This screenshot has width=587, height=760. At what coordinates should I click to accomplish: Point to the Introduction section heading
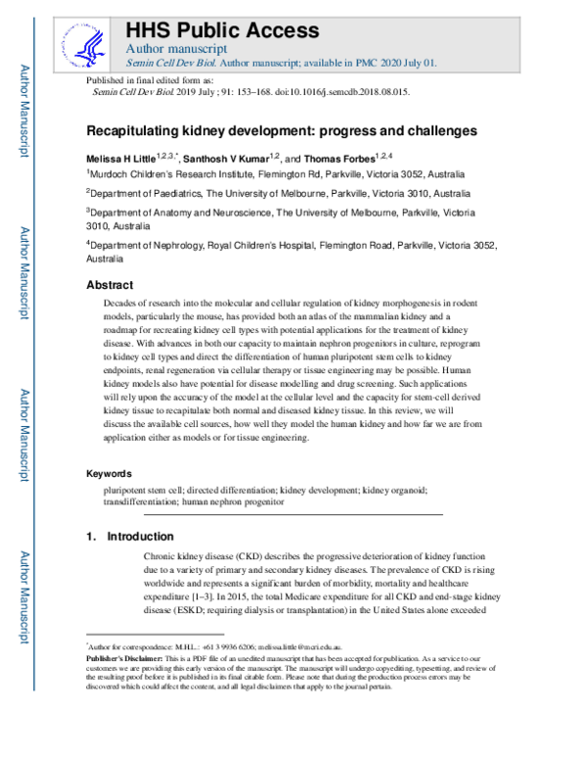(x=141, y=537)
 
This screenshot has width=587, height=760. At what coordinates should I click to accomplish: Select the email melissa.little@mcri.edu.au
(x=307, y=647)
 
